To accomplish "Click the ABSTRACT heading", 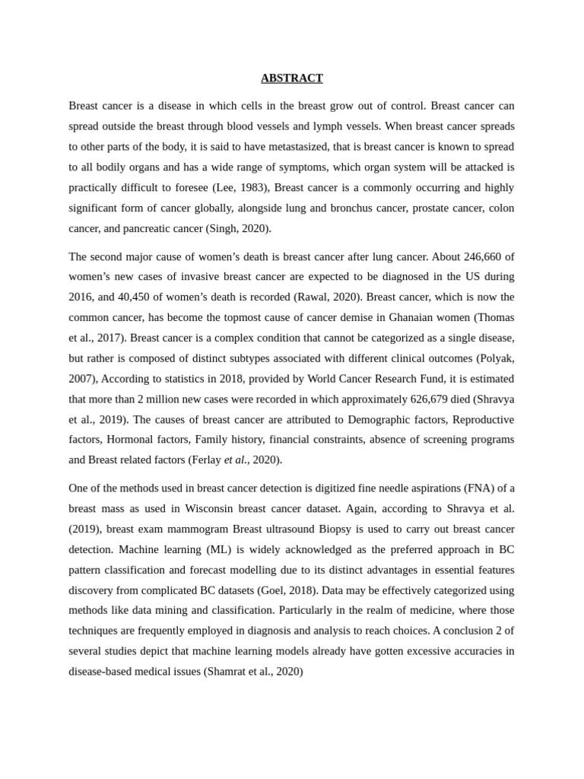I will [x=291, y=78].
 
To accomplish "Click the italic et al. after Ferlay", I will [x=236, y=459].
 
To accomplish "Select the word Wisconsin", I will [x=211, y=508].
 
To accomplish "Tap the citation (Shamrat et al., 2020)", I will [x=253, y=672].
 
